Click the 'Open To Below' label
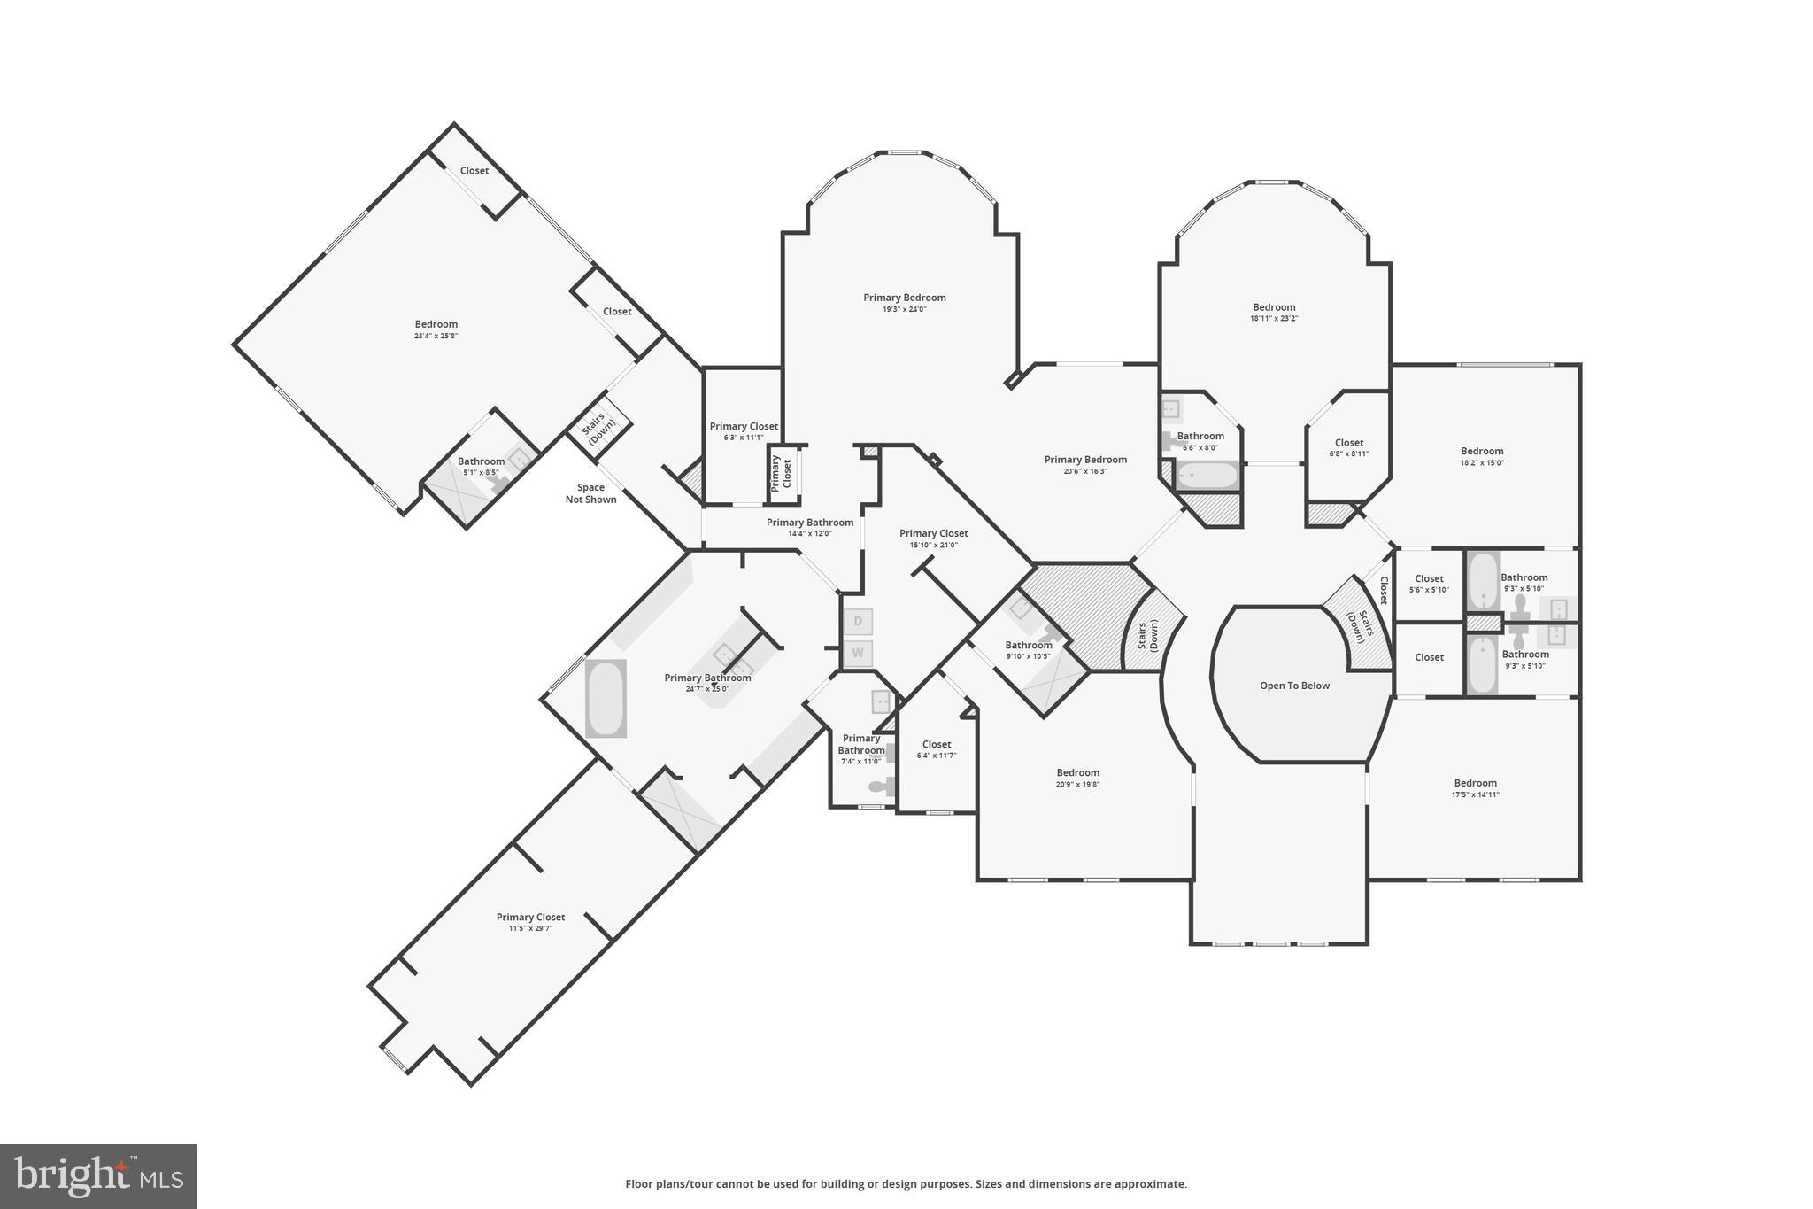click(x=1294, y=686)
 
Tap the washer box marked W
click(x=857, y=655)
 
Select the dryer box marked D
click(x=857, y=622)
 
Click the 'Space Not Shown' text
click(x=590, y=493)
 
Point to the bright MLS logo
click(x=98, y=1176)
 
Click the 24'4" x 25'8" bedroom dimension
click(x=436, y=336)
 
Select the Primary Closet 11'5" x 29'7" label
click(x=530, y=922)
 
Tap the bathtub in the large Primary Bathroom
click(x=606, y=698)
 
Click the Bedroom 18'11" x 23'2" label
click(x=1274, y=312)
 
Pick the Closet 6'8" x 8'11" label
click(x=1348, y=447)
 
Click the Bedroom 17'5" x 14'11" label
click(x=1475, y=787)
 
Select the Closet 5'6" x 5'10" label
click(x=1429, y=584)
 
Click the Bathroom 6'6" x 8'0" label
click(x=1200, y=441)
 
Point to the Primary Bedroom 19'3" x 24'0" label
click(x=904, y=302)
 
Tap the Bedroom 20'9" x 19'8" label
click(x=1077, y=778)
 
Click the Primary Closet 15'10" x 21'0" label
click(x=933, y=539)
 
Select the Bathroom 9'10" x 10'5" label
click(x=1028, y=650)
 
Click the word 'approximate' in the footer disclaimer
click(x=1149, y=1184)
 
